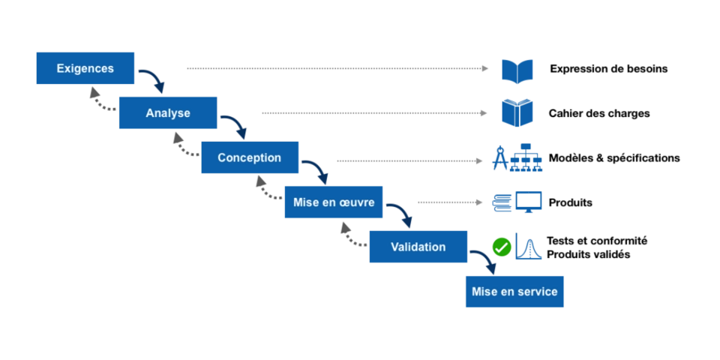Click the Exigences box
(x=85, y=68)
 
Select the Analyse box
(x=168, y=113)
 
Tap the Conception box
(x=250, y=157)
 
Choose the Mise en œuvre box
(x=334, y=202)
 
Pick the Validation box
(x=418, y=247)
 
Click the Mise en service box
(x=514, y=292)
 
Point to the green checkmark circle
(x=502, y=247)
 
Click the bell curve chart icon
(x=529, y=247)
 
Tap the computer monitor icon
(x=529, y=202)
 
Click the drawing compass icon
(x=499, y=158)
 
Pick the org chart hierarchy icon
(x=526, y=157)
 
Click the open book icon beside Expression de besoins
(x=517, y=71)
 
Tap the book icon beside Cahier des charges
(x=517, y=113)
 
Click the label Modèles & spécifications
(x=614, y=158)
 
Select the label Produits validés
(x=589, y=254)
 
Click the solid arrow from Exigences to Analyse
(x=155, y=78)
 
